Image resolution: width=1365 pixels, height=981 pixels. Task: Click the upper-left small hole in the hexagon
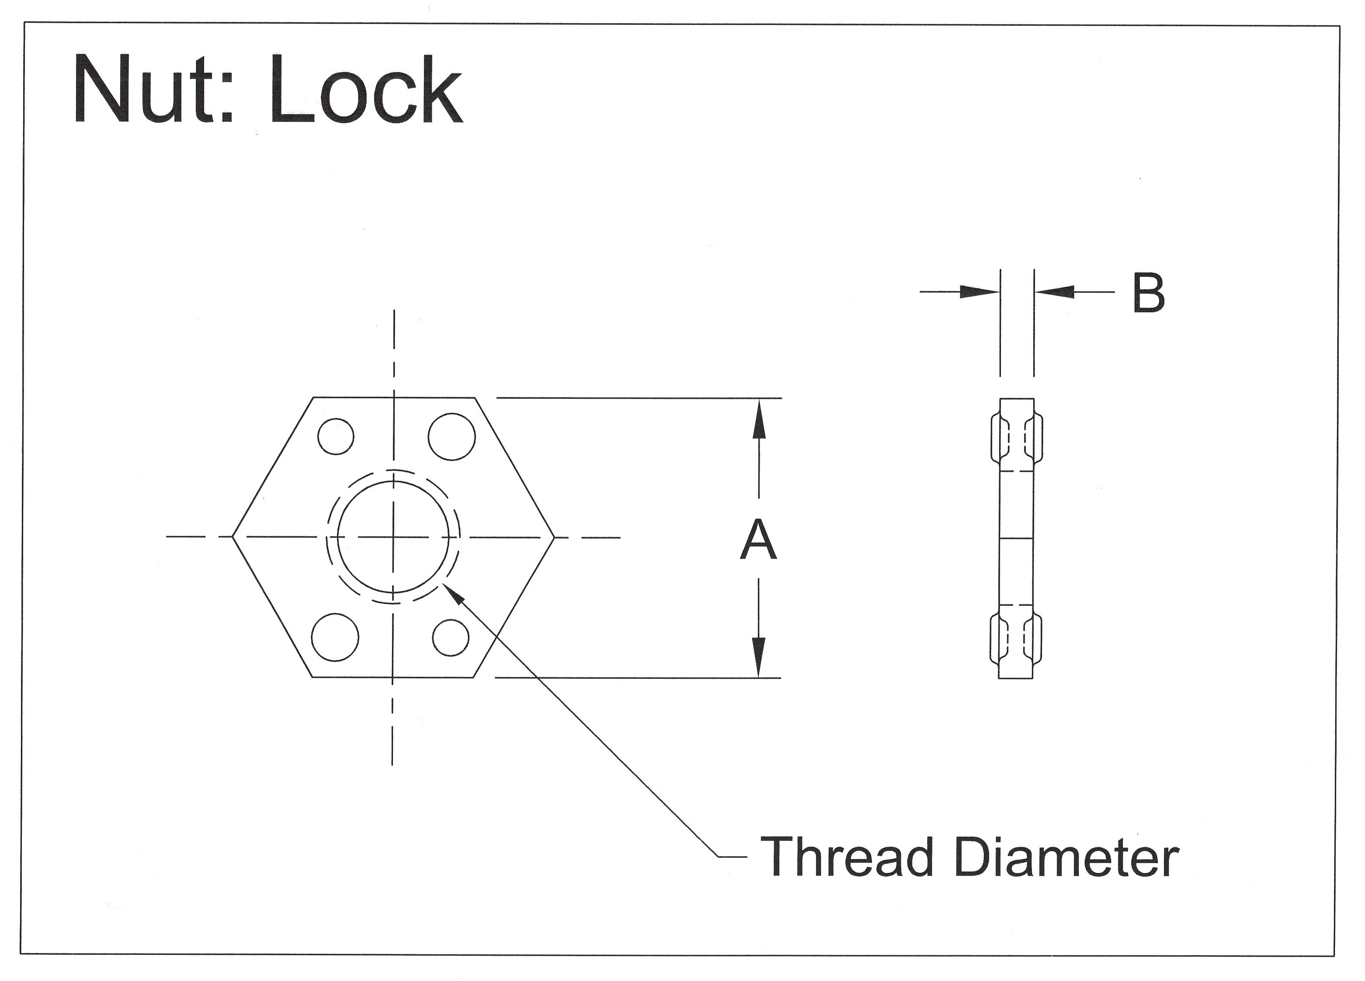[336, 436]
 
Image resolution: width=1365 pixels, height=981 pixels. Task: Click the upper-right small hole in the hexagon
[452, 437]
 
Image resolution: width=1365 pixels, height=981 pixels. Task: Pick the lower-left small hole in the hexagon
[335, 637]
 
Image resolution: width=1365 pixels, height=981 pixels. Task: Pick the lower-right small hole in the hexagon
[451, 638]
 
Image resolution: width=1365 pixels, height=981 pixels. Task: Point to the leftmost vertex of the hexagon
[233, 536]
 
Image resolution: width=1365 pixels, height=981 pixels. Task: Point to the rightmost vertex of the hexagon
[554, 536]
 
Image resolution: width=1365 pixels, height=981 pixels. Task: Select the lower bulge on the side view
[1017, 639]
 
